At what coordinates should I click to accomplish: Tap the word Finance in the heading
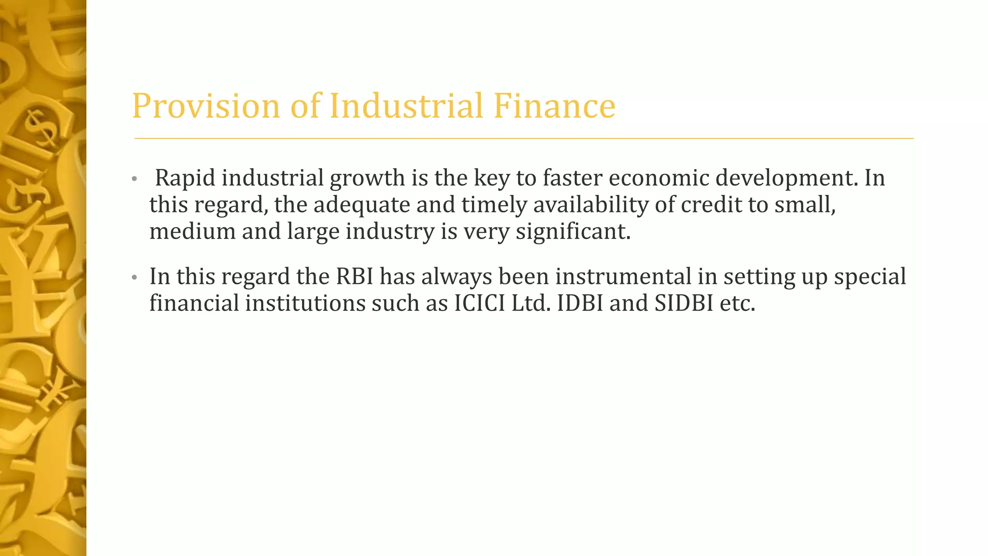coord(554,106)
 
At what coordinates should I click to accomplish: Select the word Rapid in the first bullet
coord(185,178)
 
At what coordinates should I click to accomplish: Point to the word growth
coord(368,178)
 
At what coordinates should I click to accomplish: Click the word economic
coord(659,178)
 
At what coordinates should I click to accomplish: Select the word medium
coord(192,231)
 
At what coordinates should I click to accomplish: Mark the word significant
coord(573,231)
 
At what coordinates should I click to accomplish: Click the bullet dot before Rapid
coord(135,180)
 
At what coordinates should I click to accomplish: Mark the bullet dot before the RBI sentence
coord(135,278)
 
